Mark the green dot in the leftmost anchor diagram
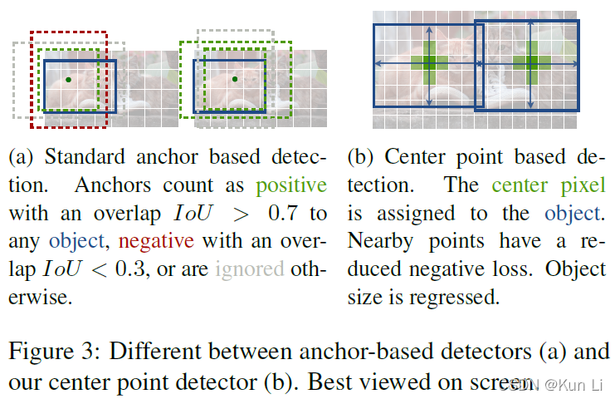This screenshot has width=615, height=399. coord(68,80)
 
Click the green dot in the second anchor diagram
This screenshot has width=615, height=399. coord(235,79)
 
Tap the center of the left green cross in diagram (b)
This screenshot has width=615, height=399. coord(428,62)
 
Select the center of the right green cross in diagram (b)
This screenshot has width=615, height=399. coord(528,63)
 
